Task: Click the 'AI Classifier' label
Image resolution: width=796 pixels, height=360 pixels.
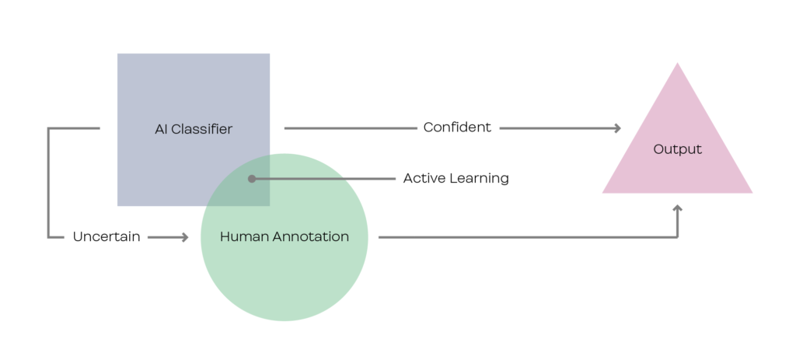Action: click(194, 129)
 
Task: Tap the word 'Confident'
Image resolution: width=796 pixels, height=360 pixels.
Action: click(457, 128)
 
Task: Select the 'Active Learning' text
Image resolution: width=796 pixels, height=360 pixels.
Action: click(456, 179)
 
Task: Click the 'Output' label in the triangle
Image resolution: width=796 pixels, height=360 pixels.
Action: click(677, 149)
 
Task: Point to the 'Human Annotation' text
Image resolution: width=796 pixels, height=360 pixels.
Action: click(284, 236)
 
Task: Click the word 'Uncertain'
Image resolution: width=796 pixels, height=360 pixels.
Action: click(106, 237)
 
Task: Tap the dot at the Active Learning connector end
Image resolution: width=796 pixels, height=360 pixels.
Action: click(251, 179)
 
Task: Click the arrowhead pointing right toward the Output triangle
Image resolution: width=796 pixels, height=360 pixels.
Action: click(617, 128)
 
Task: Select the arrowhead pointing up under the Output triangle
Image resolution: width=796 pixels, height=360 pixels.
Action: click(678, 209)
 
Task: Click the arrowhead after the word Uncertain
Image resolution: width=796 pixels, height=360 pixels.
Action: click(184, 237)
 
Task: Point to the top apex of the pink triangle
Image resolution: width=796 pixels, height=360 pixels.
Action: click(678, 64)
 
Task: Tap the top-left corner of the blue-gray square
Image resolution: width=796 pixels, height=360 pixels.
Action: click(118, 54)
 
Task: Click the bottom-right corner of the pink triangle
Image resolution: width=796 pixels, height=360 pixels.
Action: click(751, 192)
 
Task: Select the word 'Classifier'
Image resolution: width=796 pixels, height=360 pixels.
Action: click(202, 129)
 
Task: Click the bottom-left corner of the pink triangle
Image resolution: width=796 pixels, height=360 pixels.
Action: click(604, 192)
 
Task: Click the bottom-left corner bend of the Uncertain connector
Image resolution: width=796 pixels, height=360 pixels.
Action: click(49, 236)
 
